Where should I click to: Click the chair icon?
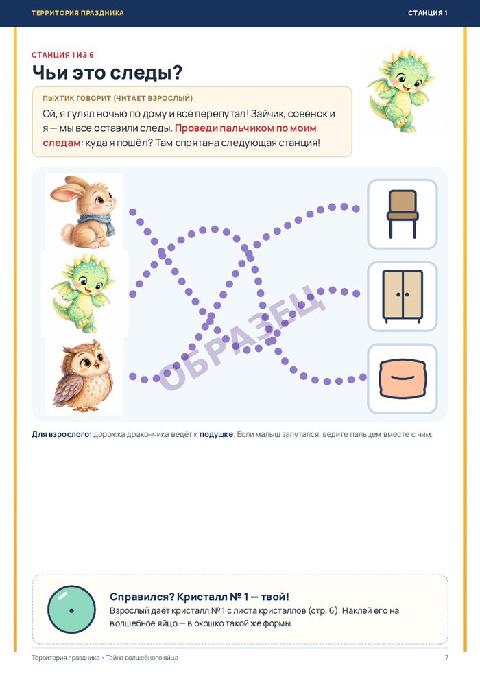coord(403,214)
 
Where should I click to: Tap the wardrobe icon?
coord(403,296)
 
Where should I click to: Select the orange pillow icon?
coord(403,379)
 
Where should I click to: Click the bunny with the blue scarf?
coord(84,211)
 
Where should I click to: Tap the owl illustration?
coord(83,377)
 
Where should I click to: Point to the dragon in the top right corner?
coord(400,91)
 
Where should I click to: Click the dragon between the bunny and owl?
coord(82,294)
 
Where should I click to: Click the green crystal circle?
coord(71,610)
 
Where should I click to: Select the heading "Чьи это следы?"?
coord(108,72)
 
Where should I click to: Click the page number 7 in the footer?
coord(446,658)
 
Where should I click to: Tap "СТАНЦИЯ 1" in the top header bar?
coord(428,13)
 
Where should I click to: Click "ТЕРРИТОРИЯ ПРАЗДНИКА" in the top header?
coord(77,13)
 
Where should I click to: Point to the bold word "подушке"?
coord(216,434)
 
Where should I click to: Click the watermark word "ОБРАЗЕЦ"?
coord(242,337)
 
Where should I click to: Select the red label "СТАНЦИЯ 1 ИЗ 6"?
coord(63,55)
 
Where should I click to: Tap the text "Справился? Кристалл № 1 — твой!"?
coord(200,597)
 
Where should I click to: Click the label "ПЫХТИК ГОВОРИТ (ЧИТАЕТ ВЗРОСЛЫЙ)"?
coord(118,98)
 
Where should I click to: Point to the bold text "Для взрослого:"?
coord(62,434)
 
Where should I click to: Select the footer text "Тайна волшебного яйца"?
coord(142,658)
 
